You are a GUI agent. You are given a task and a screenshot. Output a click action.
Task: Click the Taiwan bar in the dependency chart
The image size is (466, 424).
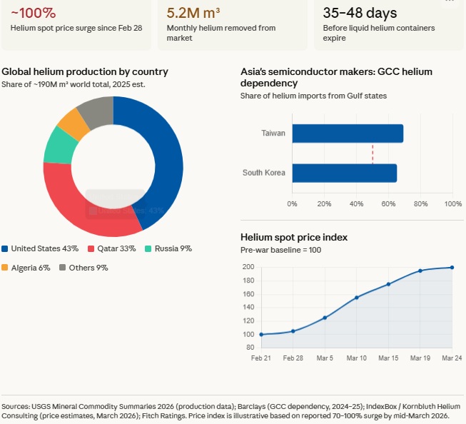click(348, 133)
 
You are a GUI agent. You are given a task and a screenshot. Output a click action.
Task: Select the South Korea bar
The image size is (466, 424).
click(344, 173)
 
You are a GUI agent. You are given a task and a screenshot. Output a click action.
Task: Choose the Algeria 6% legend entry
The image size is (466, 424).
click(30, 268)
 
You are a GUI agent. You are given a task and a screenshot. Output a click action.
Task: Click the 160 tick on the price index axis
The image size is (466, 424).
click(248, 294)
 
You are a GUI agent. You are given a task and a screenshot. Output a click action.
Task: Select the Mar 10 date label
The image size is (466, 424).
click(356, 357)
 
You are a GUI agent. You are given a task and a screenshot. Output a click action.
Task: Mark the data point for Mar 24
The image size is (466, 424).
click(452, 268)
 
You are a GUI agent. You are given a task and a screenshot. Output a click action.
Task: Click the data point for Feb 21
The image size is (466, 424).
click(261, 334)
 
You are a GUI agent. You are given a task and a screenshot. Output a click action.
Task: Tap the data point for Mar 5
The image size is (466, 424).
click(325, 318)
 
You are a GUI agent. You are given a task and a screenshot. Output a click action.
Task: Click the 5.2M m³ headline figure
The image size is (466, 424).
click(193, 13)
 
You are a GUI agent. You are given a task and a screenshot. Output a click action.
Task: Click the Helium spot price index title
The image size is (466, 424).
click(294, 237)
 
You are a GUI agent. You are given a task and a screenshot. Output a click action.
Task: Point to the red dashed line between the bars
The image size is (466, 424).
click(372, 153)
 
